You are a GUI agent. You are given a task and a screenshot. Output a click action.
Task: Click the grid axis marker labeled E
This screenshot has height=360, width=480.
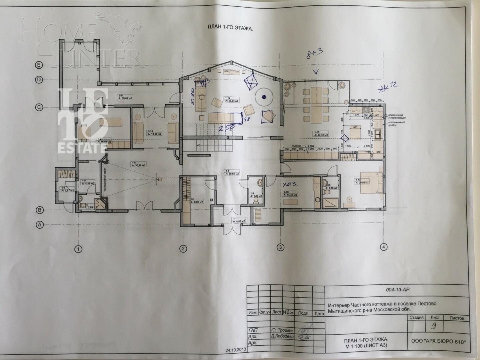coord(39,66)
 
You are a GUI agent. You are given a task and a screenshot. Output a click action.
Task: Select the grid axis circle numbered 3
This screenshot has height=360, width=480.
coord(281,247)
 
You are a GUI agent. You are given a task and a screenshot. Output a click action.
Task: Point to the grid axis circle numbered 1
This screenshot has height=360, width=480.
coord(78,249)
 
